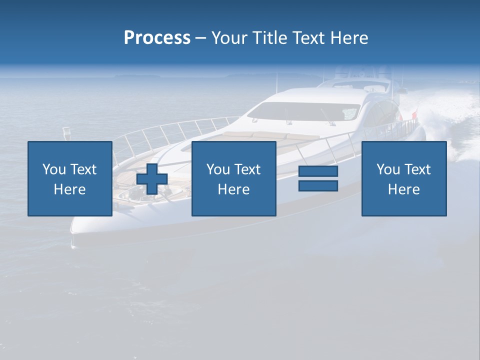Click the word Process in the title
pos(157,38)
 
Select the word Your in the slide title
pos(230,38)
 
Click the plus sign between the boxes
pos(152,178)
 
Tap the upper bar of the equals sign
pos(318,171)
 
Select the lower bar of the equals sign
pos(318,185)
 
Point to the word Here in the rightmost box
pos(404,189)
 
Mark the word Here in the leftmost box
pos(70,189)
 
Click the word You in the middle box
pos(217,169)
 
